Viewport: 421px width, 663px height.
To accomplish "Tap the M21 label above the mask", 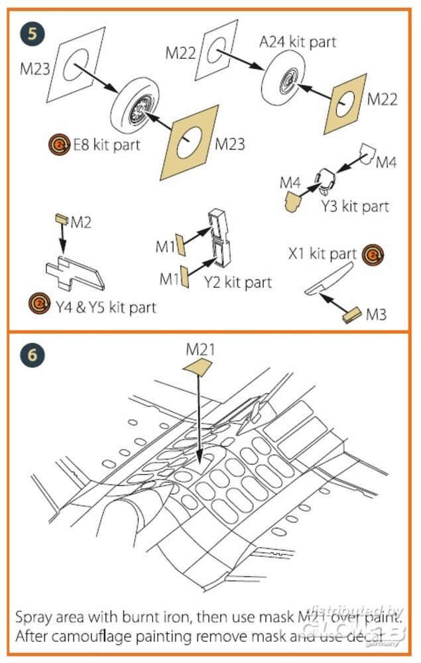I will click(200, 348).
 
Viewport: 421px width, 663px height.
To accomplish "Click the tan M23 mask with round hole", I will click(189, 137).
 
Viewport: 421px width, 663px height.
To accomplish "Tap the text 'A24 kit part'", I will click(298, 42).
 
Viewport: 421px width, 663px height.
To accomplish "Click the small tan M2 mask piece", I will click(62, 218).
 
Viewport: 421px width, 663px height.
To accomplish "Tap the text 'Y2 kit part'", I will click(238, 282).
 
